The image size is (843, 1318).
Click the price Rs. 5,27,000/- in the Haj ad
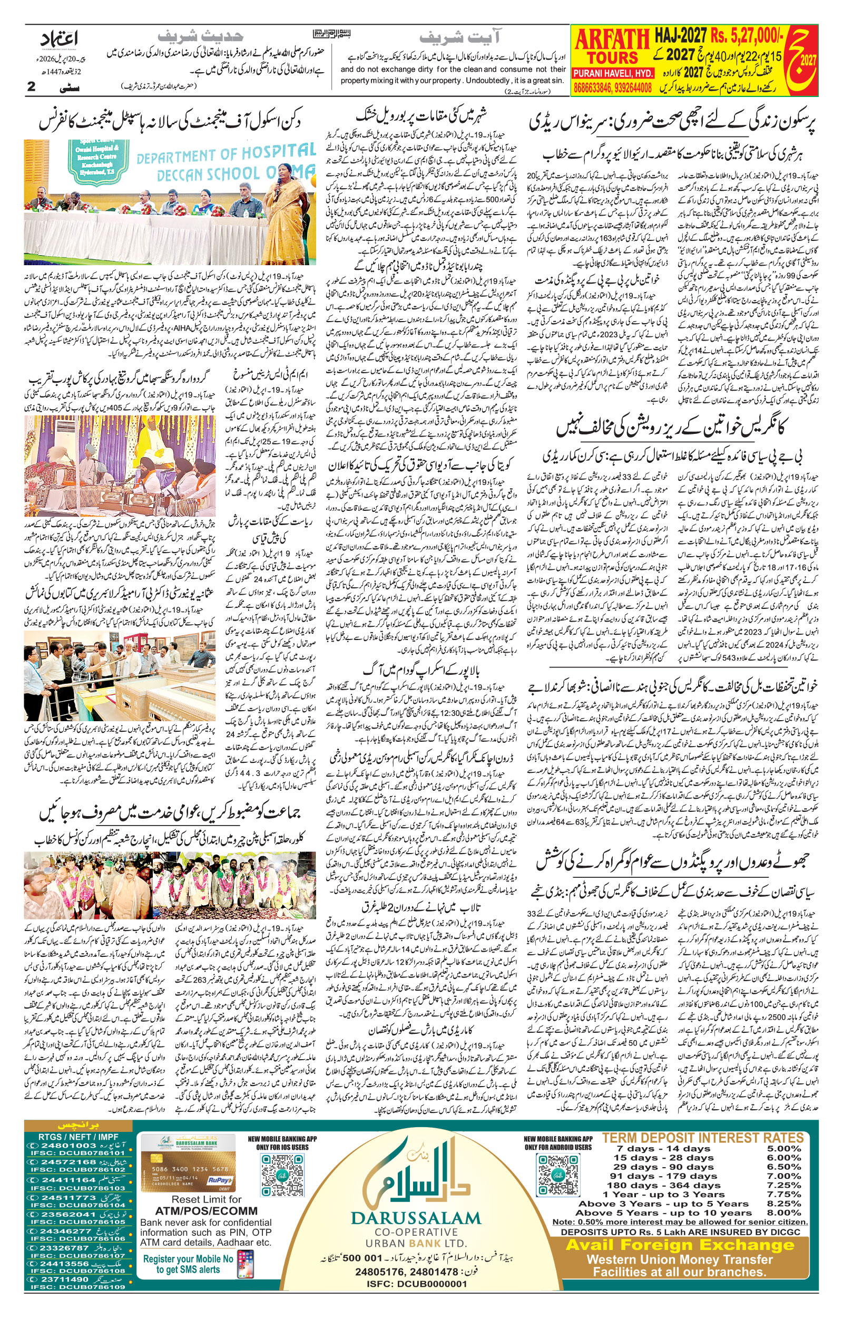747,37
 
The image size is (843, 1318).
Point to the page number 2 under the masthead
31,86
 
